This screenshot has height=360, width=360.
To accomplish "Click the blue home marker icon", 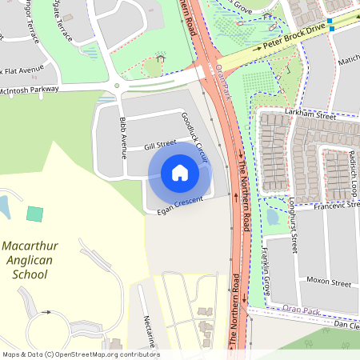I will [x=180, y=172].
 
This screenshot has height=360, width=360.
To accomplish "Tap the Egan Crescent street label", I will [x=177, y=204].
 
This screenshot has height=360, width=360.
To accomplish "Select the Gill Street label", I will [x=138, y=145].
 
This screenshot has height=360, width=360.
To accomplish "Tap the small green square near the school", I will [x=34, y=214].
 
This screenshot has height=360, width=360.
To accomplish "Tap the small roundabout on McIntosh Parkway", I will [x=117, y=85].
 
